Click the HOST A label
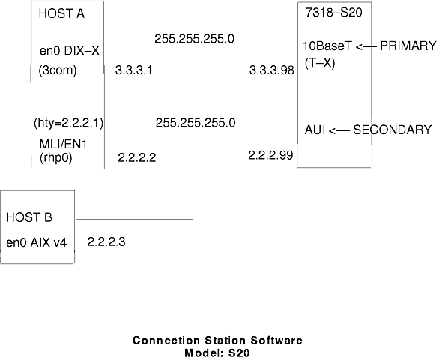pos(61,13)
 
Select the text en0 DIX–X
pos(70,51)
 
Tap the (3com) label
pos(58,70)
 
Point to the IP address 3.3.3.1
pos(133,70)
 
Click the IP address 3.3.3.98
pos(271,70)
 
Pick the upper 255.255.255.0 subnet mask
pos(194,39)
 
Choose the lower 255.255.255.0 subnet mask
pos(196,123)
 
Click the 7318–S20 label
pos(333,12)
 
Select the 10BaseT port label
pos(327,46)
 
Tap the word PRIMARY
pos(408,46)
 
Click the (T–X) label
pos(320,63)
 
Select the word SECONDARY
pos(393,130)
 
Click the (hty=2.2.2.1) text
pos(69,123)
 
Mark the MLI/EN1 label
pos(63,145)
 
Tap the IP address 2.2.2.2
pos(137,157)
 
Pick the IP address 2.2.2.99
pos(270,155)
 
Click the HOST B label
pos(29,217)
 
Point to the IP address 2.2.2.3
pos(106,242)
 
